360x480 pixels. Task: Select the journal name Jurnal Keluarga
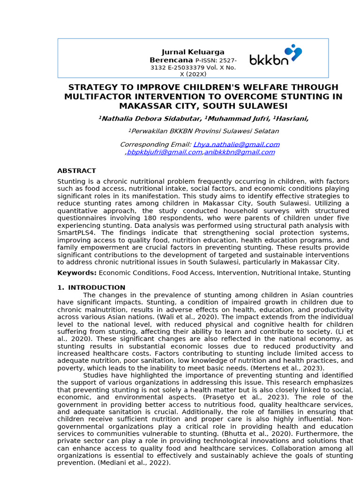tap(193, 52)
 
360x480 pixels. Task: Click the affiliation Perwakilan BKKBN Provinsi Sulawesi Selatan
tap(203, 131)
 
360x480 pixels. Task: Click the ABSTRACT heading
tap(76, 171)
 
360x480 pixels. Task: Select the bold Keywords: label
tap(77, 273)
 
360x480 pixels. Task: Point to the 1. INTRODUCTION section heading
tap(91, 288)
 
